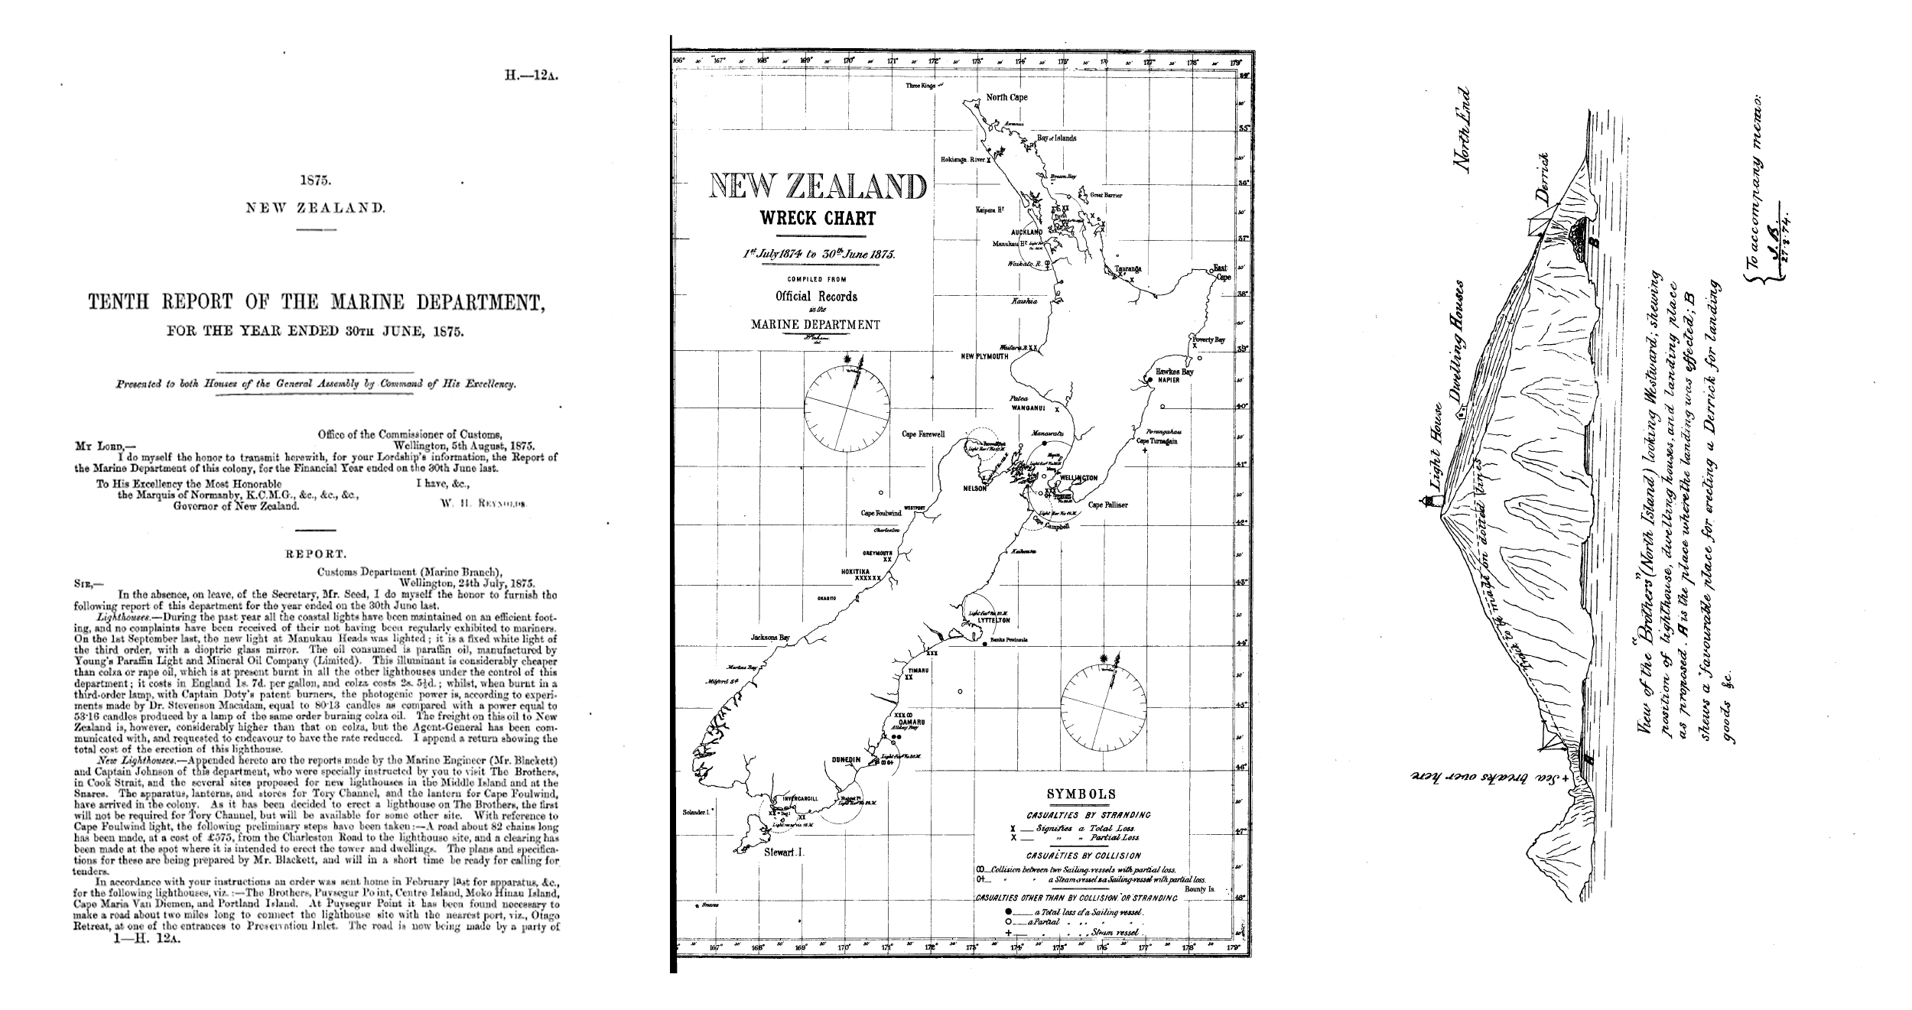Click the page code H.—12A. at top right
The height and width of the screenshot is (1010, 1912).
(527, 77)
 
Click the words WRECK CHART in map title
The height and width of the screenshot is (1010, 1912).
(818, 219)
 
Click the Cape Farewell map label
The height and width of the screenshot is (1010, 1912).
(923, 434)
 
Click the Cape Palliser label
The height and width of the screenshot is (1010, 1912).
(1108, 505)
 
